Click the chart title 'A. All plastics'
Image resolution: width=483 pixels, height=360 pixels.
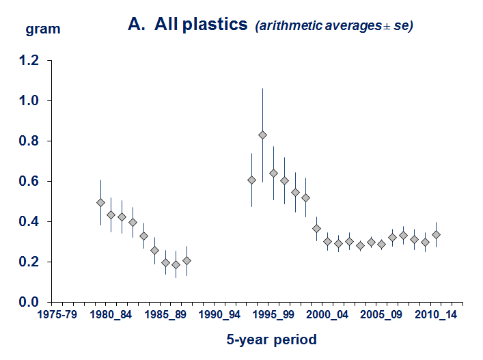tap(187, 25)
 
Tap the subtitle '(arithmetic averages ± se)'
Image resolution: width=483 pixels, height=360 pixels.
tap(334, 27)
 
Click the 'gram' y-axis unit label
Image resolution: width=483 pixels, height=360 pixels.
tap(42, 29)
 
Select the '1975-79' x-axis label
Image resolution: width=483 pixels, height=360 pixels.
tap(64, 316)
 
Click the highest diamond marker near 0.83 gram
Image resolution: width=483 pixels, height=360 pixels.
tap(262, 135)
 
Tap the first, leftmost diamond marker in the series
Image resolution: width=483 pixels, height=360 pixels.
tap(101, 202)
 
